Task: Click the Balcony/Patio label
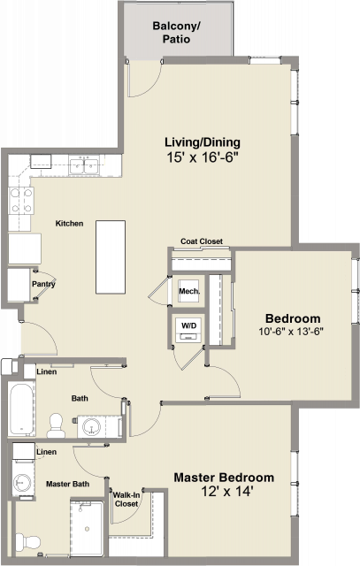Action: (176, 33)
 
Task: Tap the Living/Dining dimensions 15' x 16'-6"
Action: (203, 157)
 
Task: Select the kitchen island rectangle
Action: (111, 257)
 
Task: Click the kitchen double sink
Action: (84, 166)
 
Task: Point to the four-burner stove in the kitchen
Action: (21, 201)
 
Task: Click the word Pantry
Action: (43, 284)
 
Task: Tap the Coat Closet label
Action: (202, 241)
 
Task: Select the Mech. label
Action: (189, 291)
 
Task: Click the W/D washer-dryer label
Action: (189, 325)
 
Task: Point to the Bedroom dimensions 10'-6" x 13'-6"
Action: (291, 332)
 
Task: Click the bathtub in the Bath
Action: (21, 409)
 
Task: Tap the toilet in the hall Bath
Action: (56, 425)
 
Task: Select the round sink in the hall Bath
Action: (91, 426)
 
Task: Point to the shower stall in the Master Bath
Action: (87, 529)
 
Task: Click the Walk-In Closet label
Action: (126, 499)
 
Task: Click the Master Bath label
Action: (67, 484)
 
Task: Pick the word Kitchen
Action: (69, 224)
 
